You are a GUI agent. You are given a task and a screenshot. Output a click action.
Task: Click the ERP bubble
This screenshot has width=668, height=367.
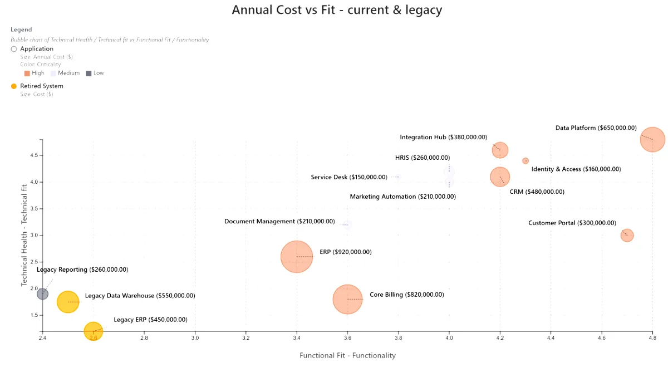point(297,257)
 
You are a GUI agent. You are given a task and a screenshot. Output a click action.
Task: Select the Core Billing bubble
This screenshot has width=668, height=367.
point(347,299)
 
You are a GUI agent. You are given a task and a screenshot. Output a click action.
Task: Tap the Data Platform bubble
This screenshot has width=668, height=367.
point(652,139)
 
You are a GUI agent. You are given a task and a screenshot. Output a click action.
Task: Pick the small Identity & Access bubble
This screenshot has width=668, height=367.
point(525,161)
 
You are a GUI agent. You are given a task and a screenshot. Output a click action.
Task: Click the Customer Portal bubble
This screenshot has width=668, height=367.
point(627,235)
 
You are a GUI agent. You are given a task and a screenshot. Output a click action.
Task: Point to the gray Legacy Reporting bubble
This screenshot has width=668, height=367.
point(43,293)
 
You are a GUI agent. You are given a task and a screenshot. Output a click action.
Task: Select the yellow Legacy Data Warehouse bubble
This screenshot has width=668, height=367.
point(68,302)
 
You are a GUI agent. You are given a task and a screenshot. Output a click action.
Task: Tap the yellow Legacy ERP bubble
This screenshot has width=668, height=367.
point(94,331)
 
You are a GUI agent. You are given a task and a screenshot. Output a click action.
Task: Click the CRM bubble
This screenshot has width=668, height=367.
point(500,177)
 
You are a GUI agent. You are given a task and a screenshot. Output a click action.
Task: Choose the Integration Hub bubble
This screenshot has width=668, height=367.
point(500,150)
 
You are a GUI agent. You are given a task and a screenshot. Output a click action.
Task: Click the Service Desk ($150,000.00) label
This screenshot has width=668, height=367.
point(348,177)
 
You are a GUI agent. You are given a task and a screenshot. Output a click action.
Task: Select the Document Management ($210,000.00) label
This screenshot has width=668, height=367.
point(279,222)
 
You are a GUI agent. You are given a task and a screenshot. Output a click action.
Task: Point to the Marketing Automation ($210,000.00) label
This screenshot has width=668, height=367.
point(402,197)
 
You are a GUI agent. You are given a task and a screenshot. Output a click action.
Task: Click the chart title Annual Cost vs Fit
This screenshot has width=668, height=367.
point(337,10)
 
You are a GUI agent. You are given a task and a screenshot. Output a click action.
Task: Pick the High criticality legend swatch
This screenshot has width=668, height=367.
point(27,73)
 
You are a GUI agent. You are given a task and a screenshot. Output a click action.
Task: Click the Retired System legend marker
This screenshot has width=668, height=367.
point(14,86)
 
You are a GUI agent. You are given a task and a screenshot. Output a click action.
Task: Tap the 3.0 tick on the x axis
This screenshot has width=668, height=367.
point(195,337)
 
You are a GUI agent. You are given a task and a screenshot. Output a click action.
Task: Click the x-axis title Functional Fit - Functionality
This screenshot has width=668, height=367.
point(347,355)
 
